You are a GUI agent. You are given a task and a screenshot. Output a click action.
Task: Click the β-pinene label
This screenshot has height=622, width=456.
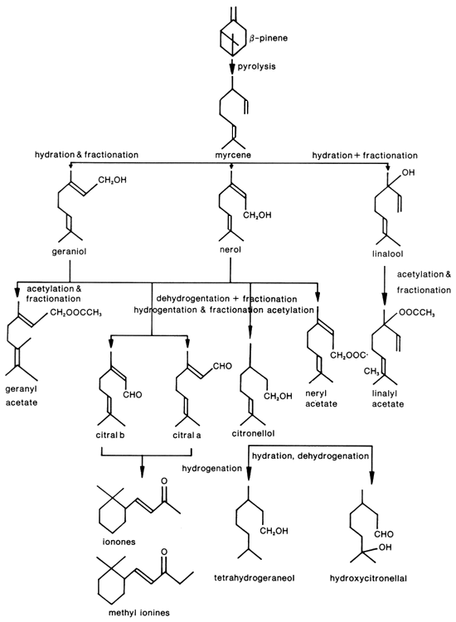(x=269, y=38)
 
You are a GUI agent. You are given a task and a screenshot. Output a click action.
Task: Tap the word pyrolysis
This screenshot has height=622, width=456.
(x=256, y=66)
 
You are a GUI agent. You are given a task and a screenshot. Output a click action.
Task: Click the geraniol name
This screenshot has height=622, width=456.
(x=69, y=251)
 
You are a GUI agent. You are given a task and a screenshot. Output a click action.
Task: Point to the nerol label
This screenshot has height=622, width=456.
(x=230, y=250)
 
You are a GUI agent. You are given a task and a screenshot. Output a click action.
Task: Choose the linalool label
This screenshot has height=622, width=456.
(x=388, y=253)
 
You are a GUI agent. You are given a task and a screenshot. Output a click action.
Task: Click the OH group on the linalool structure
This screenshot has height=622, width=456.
(x=408, y=173)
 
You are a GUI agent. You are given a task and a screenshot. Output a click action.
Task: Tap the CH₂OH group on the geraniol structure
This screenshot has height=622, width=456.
(x=113, y=180)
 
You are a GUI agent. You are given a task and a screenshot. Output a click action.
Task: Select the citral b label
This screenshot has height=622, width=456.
(x=111, y=435)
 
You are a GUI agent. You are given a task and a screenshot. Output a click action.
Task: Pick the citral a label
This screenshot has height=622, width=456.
(x=187, y=435)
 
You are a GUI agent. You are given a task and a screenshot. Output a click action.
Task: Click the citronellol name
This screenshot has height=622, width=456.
(x=253, y=433)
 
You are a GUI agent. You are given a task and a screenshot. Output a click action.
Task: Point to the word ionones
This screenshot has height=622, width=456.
(x=119, y=542)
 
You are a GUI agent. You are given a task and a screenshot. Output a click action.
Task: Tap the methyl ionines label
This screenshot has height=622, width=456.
(x=139, y=613)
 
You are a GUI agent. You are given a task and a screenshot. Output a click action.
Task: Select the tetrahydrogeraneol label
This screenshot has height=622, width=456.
(x=255, y=578)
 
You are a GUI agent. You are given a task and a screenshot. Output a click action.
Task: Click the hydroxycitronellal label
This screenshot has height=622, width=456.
(x=368, y=578)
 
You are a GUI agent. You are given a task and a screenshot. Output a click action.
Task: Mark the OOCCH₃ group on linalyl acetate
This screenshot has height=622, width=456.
(x=417, y=313)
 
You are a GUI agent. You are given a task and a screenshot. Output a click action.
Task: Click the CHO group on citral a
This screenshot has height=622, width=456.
(x=222, y=366)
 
